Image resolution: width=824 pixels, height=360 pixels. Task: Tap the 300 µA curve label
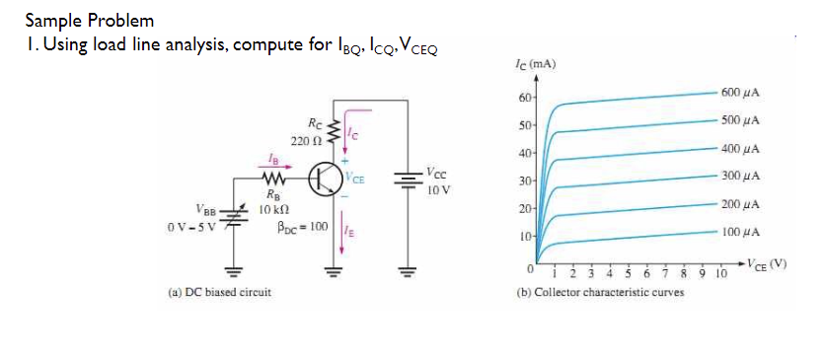738,176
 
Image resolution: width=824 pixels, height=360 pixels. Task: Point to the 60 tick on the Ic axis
523,99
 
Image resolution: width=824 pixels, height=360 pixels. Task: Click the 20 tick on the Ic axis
523,210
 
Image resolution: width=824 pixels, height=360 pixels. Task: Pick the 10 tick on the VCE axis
719,275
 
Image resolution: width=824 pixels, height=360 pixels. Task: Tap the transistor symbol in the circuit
325,180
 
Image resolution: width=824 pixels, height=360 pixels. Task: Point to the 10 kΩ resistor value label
273,210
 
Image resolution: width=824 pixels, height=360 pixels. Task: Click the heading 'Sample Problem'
89,19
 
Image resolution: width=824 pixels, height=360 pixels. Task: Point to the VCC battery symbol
406,180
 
